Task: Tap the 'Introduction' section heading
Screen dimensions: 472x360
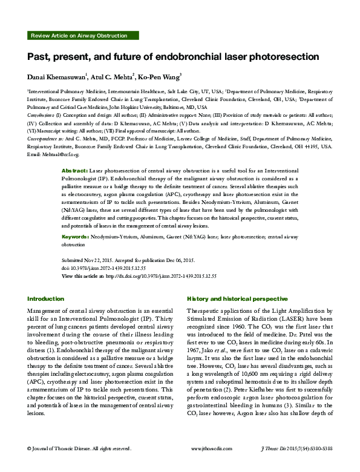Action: point(46,299)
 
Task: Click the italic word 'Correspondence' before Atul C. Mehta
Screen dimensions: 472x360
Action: point(44,138)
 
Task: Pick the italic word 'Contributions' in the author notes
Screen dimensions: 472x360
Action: point(41,113)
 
